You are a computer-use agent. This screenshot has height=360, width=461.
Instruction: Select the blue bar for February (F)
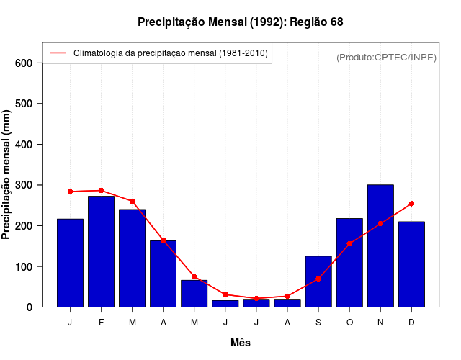pos(101,251)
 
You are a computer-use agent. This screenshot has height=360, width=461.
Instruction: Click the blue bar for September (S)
pos(318,282)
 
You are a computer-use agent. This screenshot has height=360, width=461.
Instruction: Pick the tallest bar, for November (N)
pos(380,246)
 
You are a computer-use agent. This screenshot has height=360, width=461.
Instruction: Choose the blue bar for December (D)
pos(411,264)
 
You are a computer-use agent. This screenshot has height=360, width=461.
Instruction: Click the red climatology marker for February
pos(101,191)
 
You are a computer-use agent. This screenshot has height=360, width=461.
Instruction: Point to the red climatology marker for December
pos(411,204)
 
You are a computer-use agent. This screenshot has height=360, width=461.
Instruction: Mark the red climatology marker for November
pos(380,224)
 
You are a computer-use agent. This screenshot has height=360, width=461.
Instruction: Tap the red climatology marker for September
pos(318,279)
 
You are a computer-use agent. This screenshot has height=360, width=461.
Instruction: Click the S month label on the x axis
pos(318,323)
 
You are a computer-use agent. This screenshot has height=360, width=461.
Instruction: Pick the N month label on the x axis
pos(380,323)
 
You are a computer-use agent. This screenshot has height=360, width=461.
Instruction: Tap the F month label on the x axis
pos(101,323)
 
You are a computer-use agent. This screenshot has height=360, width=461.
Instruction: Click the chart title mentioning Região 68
pos(240,22)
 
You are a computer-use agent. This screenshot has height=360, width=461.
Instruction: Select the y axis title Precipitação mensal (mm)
pos(7,175)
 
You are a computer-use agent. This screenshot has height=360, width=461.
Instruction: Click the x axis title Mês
pos(241,343)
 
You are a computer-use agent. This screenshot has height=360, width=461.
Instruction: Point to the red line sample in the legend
pos(58,53)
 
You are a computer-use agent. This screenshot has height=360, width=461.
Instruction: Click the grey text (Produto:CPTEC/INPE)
pos(386,58)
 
